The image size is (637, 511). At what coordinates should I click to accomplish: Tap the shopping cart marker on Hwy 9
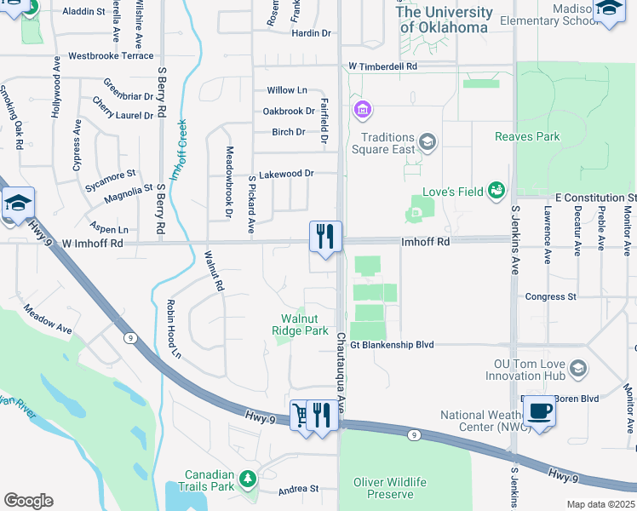tap(300, 416)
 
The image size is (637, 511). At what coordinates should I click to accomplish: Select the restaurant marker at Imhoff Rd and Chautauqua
tap(324, 235)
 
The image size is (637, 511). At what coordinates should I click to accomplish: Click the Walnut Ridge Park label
tap(300, 324)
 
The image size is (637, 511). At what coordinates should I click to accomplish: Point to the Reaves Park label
tap(527, 136)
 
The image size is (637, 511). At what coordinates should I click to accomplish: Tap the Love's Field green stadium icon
tap(496, 190)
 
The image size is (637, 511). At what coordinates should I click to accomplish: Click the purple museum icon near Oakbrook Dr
tap(363, 110)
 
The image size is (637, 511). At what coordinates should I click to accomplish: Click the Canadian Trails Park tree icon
tap(248, 478)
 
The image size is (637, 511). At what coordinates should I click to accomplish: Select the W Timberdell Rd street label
tap(382, 66)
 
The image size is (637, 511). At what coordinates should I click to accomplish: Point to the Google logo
tap(28, 501)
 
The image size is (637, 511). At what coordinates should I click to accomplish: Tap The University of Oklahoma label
tap(444, 20)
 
